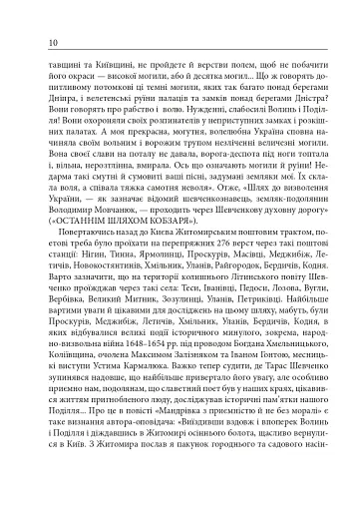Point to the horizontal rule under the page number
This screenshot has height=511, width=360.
click(x=180, y=52)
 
